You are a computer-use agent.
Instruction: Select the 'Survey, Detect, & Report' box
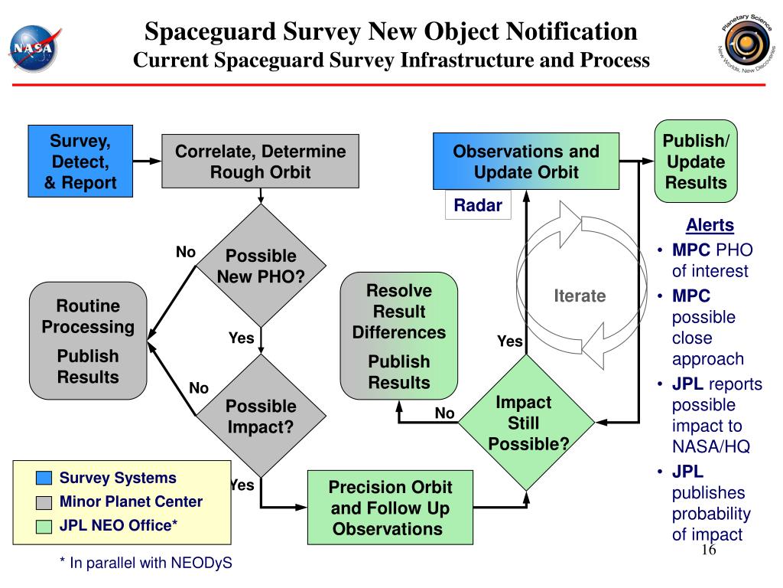(81, 162)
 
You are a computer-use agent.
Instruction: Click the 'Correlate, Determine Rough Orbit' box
(260, 162)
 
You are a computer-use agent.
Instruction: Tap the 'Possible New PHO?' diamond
(261, 266)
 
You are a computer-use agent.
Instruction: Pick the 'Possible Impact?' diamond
(261, 416)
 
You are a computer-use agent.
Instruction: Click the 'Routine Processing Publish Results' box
(88, 341)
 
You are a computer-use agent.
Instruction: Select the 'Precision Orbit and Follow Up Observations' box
(391, 508)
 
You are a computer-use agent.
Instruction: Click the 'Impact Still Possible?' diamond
(525, 423)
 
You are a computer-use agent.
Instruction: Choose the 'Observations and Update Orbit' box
(525, 162)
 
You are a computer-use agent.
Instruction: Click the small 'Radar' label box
(478, 205)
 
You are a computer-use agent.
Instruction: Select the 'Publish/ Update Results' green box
(695, 162)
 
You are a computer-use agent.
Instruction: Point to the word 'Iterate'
(580, 296)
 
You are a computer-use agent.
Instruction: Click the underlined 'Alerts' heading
(710, 225)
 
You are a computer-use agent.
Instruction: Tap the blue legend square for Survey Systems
(44, 479)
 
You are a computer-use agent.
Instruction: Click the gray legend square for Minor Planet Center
(44, 502)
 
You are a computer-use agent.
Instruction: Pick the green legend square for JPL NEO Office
(44, 526)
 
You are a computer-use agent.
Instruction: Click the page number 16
(707, 553)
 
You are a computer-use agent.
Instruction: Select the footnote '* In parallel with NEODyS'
(146, 563)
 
